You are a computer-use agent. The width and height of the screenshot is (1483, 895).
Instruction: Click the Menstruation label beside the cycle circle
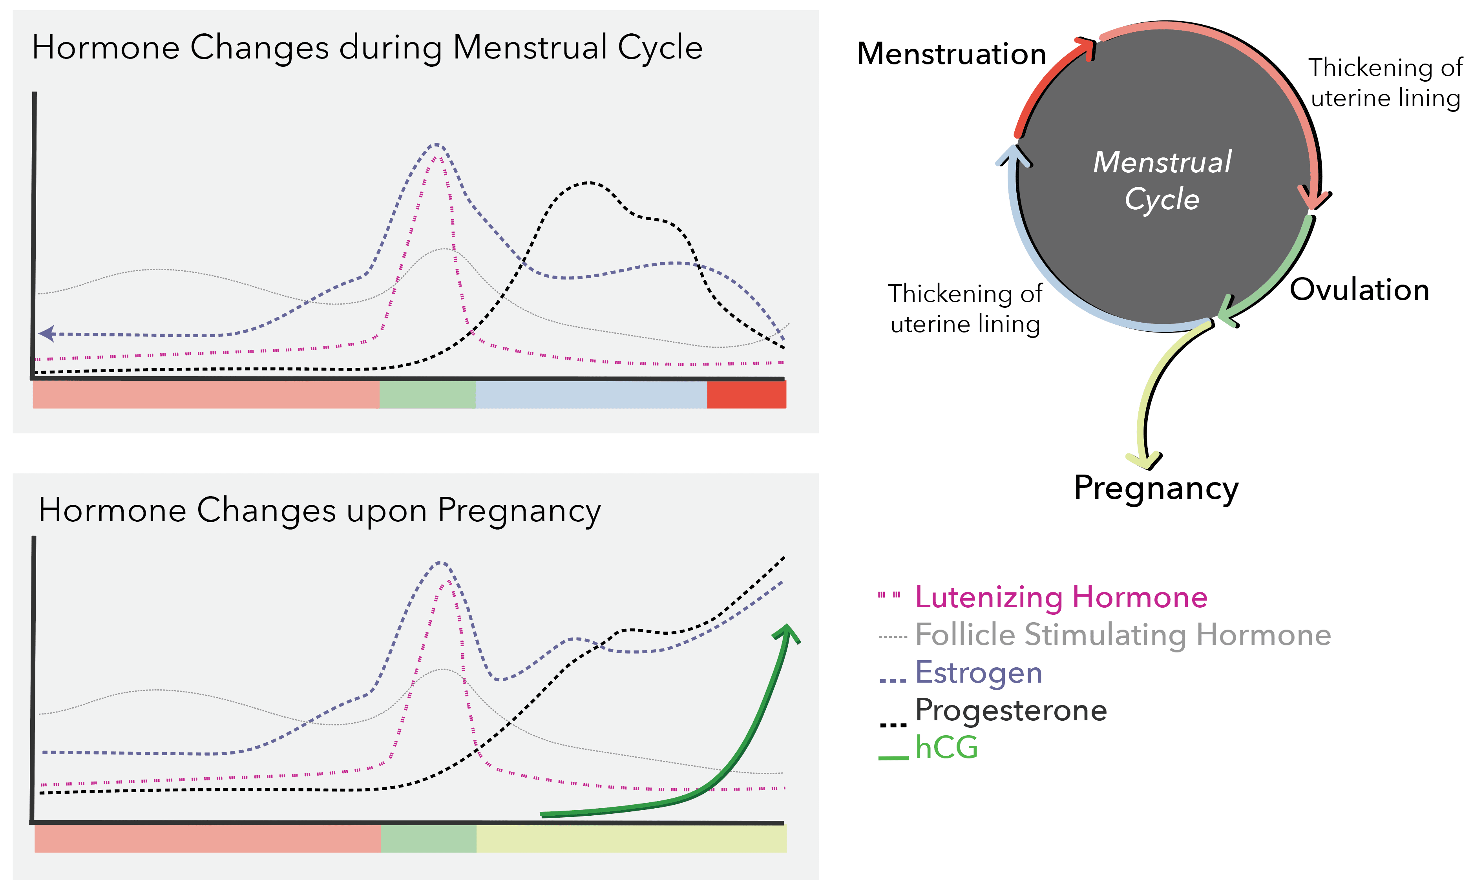pos(951,54)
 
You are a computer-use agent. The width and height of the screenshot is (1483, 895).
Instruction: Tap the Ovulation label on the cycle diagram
pos(1359,290)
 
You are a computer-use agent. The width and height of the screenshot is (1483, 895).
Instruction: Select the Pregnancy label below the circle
pos(1156,488)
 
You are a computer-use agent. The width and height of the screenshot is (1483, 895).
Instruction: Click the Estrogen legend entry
pos(978,672)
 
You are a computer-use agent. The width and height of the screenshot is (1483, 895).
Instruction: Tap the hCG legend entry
pos(946,747)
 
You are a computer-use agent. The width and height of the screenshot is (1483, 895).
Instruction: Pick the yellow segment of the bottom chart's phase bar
pos(631,838)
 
